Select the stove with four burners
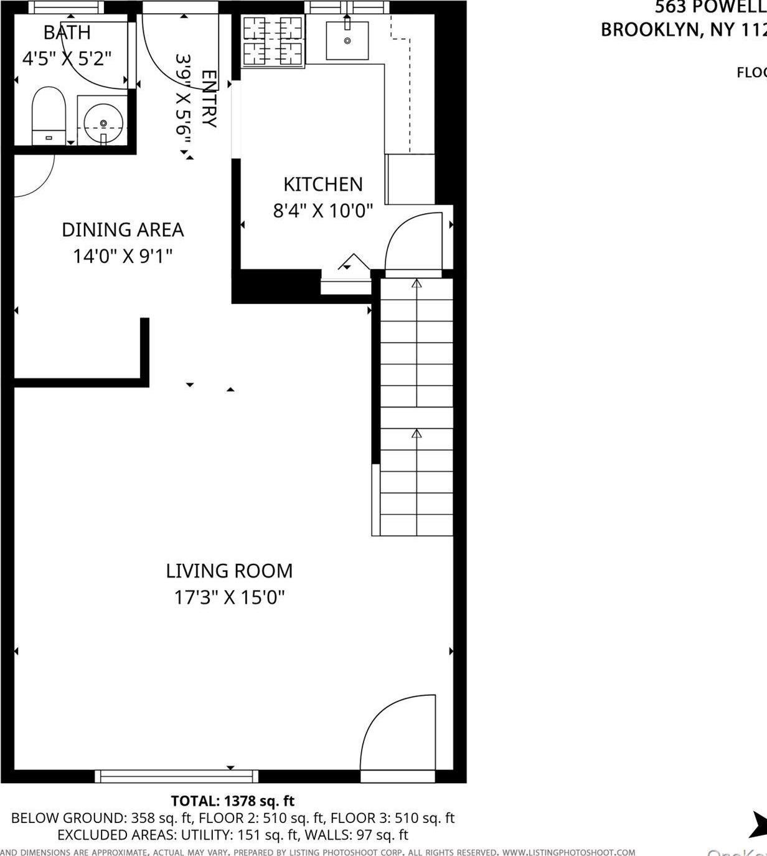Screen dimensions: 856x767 (273, 41)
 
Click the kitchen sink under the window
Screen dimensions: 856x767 (347, 40)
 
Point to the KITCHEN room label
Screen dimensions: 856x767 (322, 184)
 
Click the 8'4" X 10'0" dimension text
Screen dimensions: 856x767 (322, 211)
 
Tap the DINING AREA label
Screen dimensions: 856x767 (123, 230)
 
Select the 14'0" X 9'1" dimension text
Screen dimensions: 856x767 (123, 256)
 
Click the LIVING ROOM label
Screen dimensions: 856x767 (229, 571)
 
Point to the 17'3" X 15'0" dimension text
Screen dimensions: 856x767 (229, 597)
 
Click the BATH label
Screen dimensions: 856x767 (67, 32)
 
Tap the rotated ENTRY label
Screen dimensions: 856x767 (209, 98)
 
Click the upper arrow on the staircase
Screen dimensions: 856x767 (416, 284)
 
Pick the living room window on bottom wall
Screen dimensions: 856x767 (176, 776)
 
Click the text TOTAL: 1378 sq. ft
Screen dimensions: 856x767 (232, 801)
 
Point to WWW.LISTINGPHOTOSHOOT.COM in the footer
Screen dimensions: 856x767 (568, 852)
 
